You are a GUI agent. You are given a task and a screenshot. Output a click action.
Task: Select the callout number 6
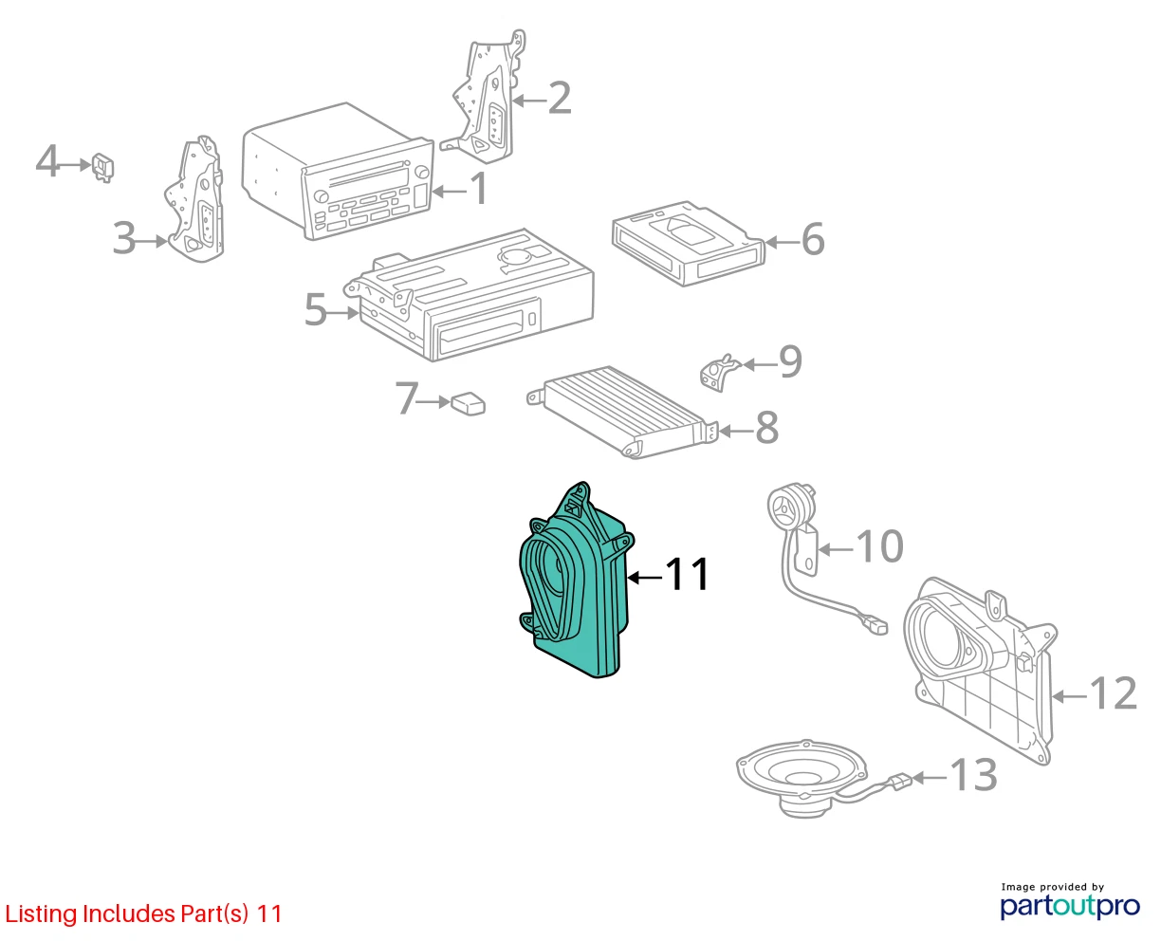(813, 239)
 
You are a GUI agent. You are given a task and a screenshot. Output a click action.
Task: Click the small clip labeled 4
(103, 167)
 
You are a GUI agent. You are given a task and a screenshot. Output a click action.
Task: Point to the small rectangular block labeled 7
(469, 403)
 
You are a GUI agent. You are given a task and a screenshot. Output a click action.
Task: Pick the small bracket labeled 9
(720, 373)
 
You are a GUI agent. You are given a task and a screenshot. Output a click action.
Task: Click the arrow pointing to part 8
(736, 432)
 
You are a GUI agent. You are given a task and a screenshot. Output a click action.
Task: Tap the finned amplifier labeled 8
(621, 413)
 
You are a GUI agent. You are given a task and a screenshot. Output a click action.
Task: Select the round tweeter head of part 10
(790, 506)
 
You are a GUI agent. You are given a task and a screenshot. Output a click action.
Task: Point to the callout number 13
(974, 775)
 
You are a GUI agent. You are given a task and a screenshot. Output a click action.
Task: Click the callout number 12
(1113, 692)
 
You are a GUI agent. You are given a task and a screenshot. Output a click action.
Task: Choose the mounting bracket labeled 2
(485, 98)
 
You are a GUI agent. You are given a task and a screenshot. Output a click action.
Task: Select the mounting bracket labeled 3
(195, 199)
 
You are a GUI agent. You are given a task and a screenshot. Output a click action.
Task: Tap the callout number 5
(316, 309)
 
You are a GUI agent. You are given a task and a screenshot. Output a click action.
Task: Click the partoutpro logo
(1070, 906)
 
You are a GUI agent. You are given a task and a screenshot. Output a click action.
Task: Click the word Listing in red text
(42, 914)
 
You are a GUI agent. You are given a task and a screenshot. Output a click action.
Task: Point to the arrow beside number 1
(450, 192)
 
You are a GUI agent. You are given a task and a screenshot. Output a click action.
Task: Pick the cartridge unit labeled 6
(688, 243)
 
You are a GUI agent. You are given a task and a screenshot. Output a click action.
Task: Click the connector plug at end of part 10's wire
(875, 625)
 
